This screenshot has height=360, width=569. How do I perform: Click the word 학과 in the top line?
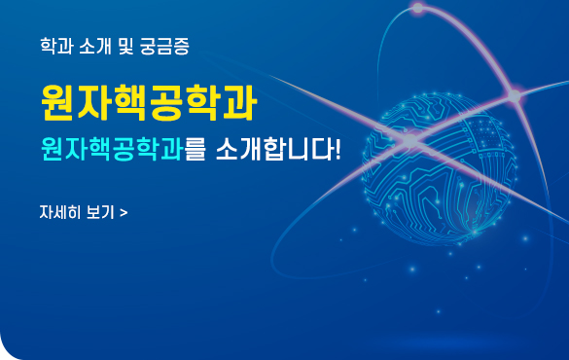[56, 46]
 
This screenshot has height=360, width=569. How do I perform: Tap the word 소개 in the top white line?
[94, 46]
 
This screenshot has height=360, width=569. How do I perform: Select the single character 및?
[125, 46]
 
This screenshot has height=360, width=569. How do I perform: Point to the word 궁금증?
[164, 46]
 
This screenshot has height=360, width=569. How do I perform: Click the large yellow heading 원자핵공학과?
[149, 102]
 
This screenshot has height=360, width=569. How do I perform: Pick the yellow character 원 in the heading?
[58, 102]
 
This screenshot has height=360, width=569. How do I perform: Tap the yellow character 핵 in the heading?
[130, 102]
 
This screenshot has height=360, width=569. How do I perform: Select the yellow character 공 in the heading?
[166, 102]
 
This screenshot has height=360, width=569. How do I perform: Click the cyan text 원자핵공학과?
[112, 149]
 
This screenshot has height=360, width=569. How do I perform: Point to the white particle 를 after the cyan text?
[195, 149]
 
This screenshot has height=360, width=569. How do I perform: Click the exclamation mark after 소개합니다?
[338, 149]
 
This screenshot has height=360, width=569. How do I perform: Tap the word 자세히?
[59, 212]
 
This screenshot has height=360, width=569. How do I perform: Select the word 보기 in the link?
[100, 212]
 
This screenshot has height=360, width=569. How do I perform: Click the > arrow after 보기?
[124, 213]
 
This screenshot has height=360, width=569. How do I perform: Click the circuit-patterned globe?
[440, 168]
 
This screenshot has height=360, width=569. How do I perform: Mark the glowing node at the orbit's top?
[418, 8]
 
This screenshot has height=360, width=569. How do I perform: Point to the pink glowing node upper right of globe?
[515, 95]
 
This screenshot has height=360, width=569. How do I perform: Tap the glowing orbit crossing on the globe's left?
[410, 140]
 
